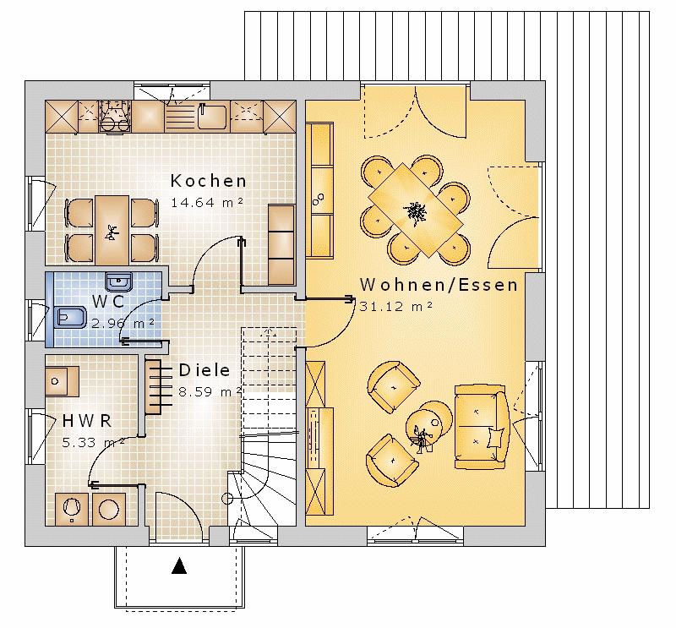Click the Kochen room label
pyautogui.click(x=209, y=181)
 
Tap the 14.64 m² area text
pyautogui.click(x=207, y=202)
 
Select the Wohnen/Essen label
pyautogui.click(x=439, y=285)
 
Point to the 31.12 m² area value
pyautogui.click(x=395, y=307)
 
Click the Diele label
pyautogui.click(x=204, y=370)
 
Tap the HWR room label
pyautogui.click(x=87, y=421)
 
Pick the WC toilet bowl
pyautogui.click(x=69, y=319)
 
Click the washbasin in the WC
pyautogui.click(x=118, y=282)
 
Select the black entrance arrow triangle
pyautogui.click(x=179, y=566)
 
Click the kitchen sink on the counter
pyautogui.click(x=212, y=117)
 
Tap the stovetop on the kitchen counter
pyautogui.click(x=115, y=117)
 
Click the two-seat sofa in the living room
pyautogui.click(x=481, y=427)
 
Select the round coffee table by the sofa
pyautogui.click(x=429, y=423)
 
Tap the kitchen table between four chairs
pyautogui.click(x=112, y=230)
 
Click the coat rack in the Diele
pyautogui.click(x=158, y=387)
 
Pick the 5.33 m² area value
pyautogui.click(x=93, y=443)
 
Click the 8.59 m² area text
pyautogui.click(x=210, y=392)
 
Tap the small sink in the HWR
pyautogui.click(x=62, y=382)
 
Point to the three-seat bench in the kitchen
pyautogui.click(x=281, y=245)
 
